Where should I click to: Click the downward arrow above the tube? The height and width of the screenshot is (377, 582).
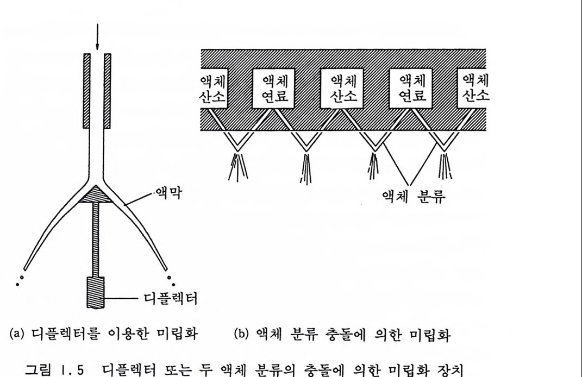(98, 33)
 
